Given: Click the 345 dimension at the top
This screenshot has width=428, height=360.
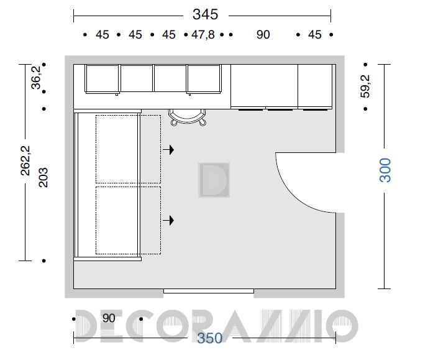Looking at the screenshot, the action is pos(205,14).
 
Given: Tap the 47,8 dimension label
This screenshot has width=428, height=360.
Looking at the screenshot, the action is pos(203,35).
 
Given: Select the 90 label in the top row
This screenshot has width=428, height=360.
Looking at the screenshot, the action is pos(263,35).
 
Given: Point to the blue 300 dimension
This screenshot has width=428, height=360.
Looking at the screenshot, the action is pos(385,170).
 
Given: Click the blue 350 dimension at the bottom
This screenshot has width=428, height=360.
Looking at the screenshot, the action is pos(209,338).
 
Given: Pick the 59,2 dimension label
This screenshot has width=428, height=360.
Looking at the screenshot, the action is pos(365,86).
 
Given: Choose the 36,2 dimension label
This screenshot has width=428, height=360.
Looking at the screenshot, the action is pos(36,78).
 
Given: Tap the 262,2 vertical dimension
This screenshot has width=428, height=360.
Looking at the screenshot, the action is pos(25,160).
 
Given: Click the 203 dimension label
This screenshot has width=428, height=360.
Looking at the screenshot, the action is pos(43,178).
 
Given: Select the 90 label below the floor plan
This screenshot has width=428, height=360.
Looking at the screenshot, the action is pos(109,318).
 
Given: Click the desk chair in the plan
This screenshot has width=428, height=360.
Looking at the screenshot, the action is pos(187,118).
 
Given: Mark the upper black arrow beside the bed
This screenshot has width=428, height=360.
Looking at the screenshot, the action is pos(168,150).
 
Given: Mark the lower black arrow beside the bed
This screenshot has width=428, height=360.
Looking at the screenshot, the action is pos(168,220).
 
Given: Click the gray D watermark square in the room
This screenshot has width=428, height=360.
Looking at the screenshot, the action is pos(214,180).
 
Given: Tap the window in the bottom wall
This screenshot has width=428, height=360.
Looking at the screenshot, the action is pos(209,291).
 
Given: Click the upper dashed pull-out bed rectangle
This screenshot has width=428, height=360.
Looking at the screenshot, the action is pos(128,149).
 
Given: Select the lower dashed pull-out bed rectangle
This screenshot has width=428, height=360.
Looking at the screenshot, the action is pos(128,221).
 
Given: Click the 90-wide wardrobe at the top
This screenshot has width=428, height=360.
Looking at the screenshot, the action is pos(264,86).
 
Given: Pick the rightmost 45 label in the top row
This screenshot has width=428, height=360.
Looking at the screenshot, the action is pos(315,35).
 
